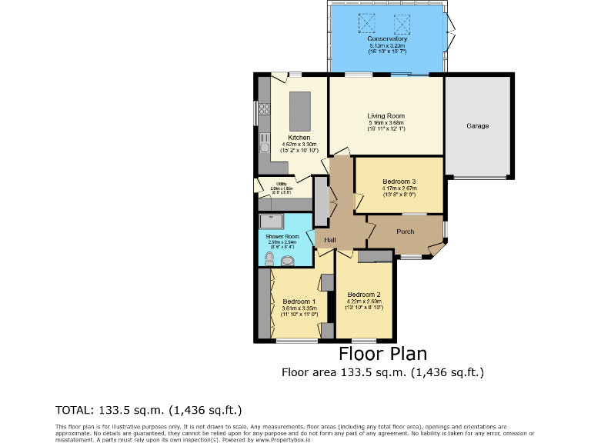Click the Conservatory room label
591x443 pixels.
tap(386, 38)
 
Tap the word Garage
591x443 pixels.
tap(477, 125)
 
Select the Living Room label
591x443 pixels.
tap(386, 115)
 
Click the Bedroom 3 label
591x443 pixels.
tap(399, 181)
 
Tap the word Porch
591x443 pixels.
tap(405, 231)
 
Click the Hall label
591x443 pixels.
tap(329, 241)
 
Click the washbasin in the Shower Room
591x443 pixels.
tap(288, 261)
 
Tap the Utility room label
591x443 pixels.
tap(282, 183)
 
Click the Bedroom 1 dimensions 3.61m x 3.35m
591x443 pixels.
tap(298, 308)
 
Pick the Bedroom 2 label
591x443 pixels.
tap(363, 295)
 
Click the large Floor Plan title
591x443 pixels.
tap(382, 354)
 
